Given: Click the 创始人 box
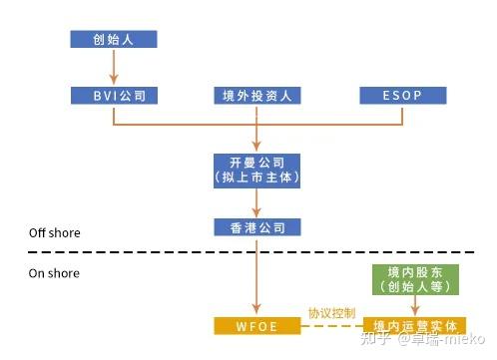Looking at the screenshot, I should [114, 39].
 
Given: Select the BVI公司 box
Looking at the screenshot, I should [114, 96].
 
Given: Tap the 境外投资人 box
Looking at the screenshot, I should [257, 96].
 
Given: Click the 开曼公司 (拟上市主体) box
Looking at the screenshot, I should [257, 169].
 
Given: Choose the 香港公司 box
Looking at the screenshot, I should [257, 227].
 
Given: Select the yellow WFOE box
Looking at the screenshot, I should [257, 326].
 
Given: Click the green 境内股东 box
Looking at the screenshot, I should [416, 278].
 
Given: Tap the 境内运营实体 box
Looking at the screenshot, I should [416, 326].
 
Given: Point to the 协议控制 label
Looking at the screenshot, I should [331, 313].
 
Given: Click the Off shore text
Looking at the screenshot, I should [54, 232].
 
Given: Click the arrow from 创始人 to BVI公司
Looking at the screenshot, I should [114, 67].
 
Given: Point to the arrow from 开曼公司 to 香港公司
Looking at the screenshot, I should [257, 201].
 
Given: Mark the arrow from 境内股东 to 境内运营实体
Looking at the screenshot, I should [416, 306].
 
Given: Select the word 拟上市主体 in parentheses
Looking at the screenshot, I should [257, 177].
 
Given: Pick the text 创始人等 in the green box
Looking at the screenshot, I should [416, 286].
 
